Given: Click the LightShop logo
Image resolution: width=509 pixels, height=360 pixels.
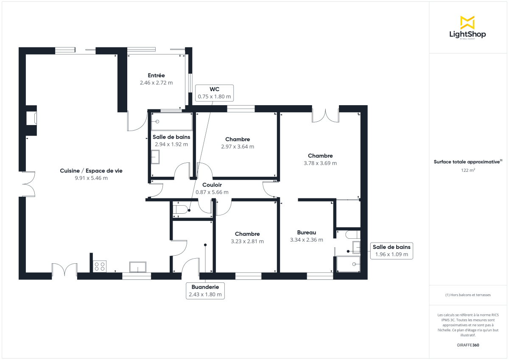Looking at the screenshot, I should (x=467, y=28).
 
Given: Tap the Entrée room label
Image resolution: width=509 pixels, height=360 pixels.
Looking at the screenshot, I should (x=156, y=75).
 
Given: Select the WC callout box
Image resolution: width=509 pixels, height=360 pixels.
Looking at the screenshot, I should (x=214, y=92).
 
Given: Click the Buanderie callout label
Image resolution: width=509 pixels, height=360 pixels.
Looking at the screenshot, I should (x=205, y=290).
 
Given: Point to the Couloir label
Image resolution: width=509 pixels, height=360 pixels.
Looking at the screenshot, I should (x=212, y=185).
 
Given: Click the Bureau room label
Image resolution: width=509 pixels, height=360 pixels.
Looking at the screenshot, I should (x=306, y=232).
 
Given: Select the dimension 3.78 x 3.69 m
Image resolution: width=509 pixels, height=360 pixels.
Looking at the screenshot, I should (x=320, y=163).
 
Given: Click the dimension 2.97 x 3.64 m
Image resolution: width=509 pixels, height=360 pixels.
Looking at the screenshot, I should (x=238, y=147).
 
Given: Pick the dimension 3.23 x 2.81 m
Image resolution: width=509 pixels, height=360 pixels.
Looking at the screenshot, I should (x=247, y=241).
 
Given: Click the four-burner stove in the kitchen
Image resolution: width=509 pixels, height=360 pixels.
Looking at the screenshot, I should (x=100, y=266).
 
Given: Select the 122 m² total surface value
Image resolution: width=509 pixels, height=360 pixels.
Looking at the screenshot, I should (x=468, y=170).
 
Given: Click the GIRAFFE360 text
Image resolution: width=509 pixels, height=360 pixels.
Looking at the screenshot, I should (x=468, y=345).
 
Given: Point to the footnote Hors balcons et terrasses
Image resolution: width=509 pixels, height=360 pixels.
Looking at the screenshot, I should (x=468, y=295).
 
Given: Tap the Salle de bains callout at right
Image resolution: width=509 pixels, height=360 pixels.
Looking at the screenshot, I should (x=391, y=251).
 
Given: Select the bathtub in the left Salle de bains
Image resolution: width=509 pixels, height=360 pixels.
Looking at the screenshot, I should (x=172, y=122).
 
